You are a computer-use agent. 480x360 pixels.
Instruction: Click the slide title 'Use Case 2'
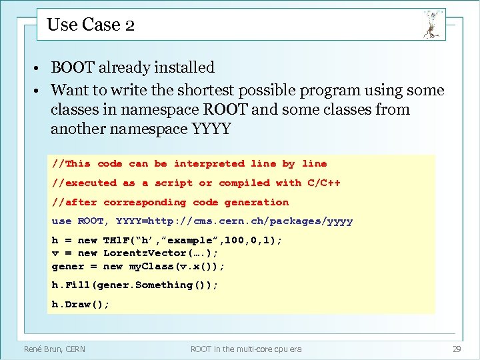click(x=91, y=25)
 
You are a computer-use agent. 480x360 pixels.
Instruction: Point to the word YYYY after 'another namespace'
click(x=211, y=129)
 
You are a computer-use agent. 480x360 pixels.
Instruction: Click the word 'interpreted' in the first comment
click(x=209, y=163)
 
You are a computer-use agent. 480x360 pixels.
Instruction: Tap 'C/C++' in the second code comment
click(x=323, y=183)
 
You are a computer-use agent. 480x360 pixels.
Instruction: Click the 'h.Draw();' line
click(x=81, y=304)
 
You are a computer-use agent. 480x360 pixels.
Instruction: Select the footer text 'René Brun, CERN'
click(x=55, y=349)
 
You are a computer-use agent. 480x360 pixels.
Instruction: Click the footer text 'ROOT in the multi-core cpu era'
click(x=246, y=349)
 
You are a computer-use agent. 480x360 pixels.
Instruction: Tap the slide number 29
click(x=457, y=349)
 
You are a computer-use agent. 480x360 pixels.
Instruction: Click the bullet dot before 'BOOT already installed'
click(x=41, y=68)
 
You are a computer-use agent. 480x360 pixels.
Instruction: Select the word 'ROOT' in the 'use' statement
click(x=91, y=221)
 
